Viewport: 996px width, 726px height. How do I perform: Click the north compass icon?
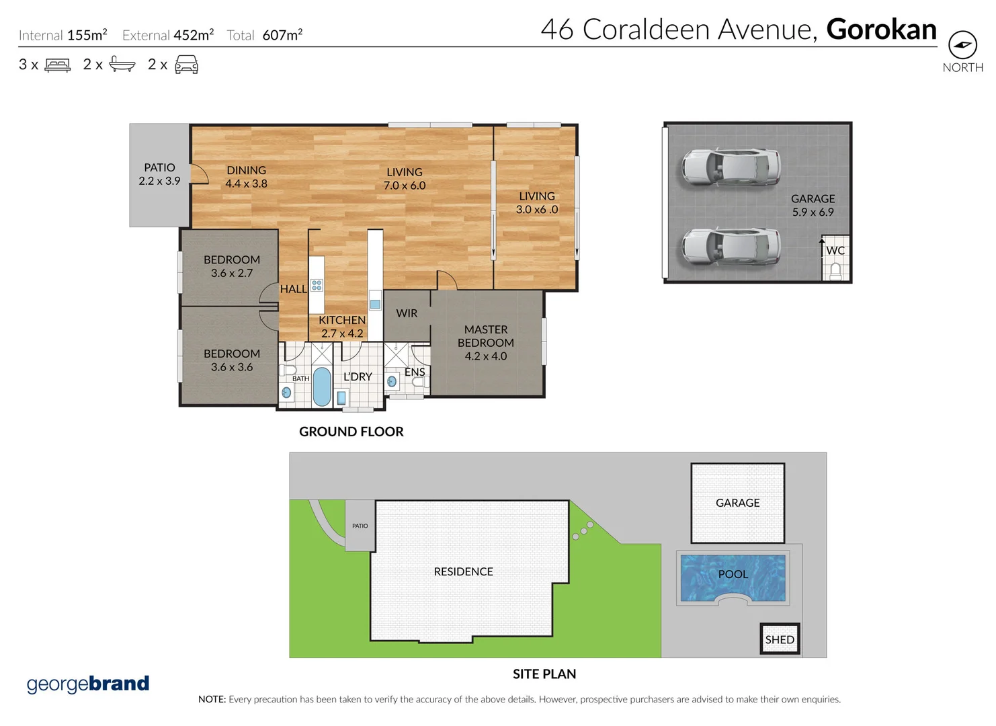[962, 45]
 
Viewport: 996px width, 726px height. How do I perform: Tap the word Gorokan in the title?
[881, 30]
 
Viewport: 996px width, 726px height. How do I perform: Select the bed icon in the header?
[58, 65]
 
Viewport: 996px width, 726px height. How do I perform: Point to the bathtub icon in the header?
[122, 65]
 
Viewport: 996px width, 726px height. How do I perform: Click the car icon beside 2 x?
[186, 65]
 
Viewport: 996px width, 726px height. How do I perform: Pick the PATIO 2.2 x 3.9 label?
[159, 174]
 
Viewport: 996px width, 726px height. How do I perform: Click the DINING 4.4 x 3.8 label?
[246, 177]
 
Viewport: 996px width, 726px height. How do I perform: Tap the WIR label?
[407, 313]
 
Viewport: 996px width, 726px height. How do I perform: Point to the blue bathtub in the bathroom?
[322, 387]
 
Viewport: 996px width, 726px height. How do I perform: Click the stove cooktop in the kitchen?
[317, 285]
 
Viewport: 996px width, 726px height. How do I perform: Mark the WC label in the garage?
[835, 251]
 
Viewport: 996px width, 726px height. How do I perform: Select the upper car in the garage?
[731, 167]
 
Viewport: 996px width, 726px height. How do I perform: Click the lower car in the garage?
[731, 245]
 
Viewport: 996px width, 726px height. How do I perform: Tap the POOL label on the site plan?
[733, 574]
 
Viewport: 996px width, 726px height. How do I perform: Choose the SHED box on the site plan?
[780, 639]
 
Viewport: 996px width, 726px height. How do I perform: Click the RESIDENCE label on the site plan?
[463, 571]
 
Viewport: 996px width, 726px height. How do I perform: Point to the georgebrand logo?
[88, 684]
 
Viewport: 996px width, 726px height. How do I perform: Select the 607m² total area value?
[282, 35]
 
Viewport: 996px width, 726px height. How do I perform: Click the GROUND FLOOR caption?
[351, 432]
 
